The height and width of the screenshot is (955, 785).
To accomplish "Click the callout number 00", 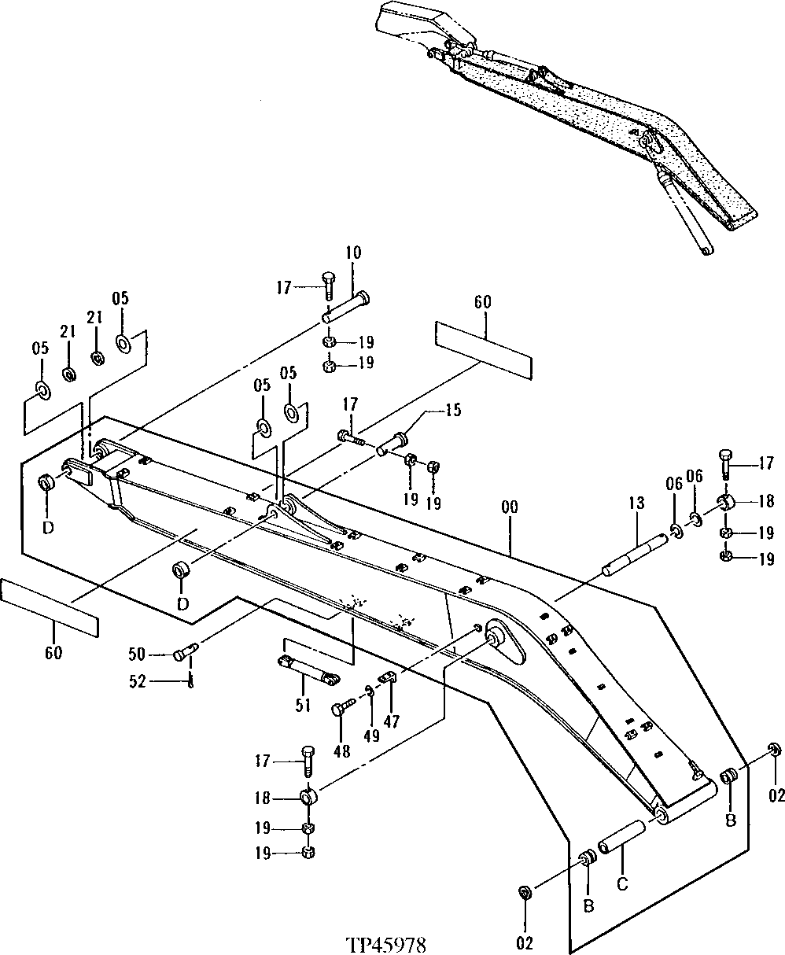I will tap(509, 509).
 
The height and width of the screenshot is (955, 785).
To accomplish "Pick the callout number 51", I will tap(304, 704).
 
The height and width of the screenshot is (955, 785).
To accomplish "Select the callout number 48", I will tap(341, 751).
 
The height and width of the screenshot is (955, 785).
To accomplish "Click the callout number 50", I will tap(137, 654).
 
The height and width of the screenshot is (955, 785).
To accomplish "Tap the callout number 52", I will tap(137, 682).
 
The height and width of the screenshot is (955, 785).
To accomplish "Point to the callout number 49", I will tap(372, 736).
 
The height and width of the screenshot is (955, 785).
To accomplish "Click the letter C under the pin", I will tap(621, 884).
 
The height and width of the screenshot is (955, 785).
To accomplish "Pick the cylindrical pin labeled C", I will tap(622, 837).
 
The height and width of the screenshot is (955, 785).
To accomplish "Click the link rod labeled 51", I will tap(308, 670).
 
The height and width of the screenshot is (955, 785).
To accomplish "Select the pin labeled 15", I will tap(394, 442).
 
